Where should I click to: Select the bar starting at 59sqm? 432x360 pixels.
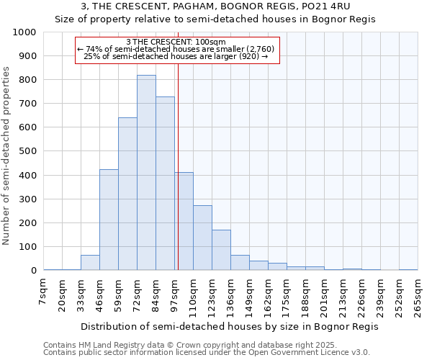127,194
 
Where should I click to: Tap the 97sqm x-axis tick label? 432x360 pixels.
175,294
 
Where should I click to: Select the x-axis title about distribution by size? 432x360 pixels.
230,326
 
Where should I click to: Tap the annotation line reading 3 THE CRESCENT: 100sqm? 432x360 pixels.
176,42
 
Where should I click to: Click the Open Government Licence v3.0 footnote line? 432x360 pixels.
207,352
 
